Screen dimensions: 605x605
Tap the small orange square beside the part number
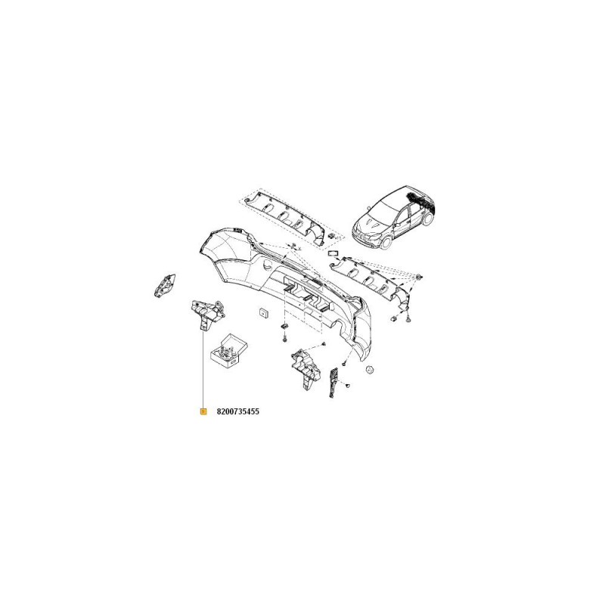point(203,411)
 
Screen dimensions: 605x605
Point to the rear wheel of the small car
point(427,219)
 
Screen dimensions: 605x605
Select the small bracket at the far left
point(165,285)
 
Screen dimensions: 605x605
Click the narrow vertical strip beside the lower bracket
point(333,383)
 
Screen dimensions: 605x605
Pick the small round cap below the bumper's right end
point(370,370)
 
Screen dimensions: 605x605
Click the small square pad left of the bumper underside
point(263,312)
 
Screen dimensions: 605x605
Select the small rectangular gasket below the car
point(333,253)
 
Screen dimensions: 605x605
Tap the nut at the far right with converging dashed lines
point(419,278)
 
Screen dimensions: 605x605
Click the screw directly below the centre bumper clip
point(284,338)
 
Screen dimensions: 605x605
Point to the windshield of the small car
point(388,204)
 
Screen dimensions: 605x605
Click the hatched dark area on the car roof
point(421,199)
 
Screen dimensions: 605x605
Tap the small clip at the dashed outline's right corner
point(332,236)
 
